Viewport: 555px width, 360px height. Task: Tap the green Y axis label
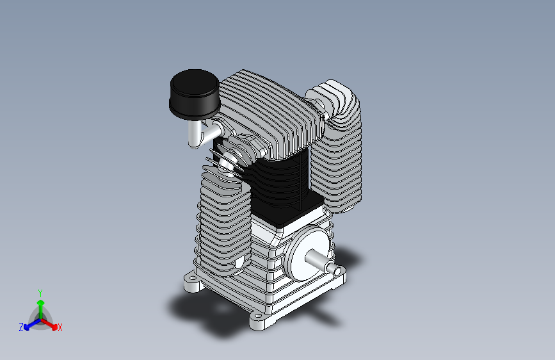point(40,293)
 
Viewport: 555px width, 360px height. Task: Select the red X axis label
point(60,327)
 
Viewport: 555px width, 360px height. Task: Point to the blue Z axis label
point(21,327)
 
